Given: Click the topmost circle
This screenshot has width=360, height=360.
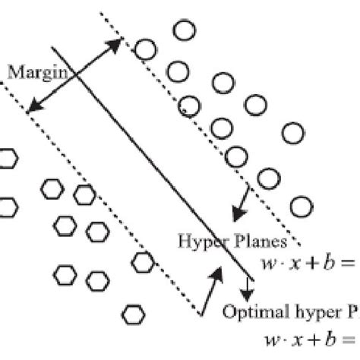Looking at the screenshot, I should point(183,30).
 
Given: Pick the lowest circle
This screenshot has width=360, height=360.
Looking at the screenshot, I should point(302,206).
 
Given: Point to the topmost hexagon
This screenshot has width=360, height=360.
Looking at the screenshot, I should point(8,159).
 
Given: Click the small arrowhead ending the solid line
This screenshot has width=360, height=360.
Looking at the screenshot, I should point(249,292).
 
